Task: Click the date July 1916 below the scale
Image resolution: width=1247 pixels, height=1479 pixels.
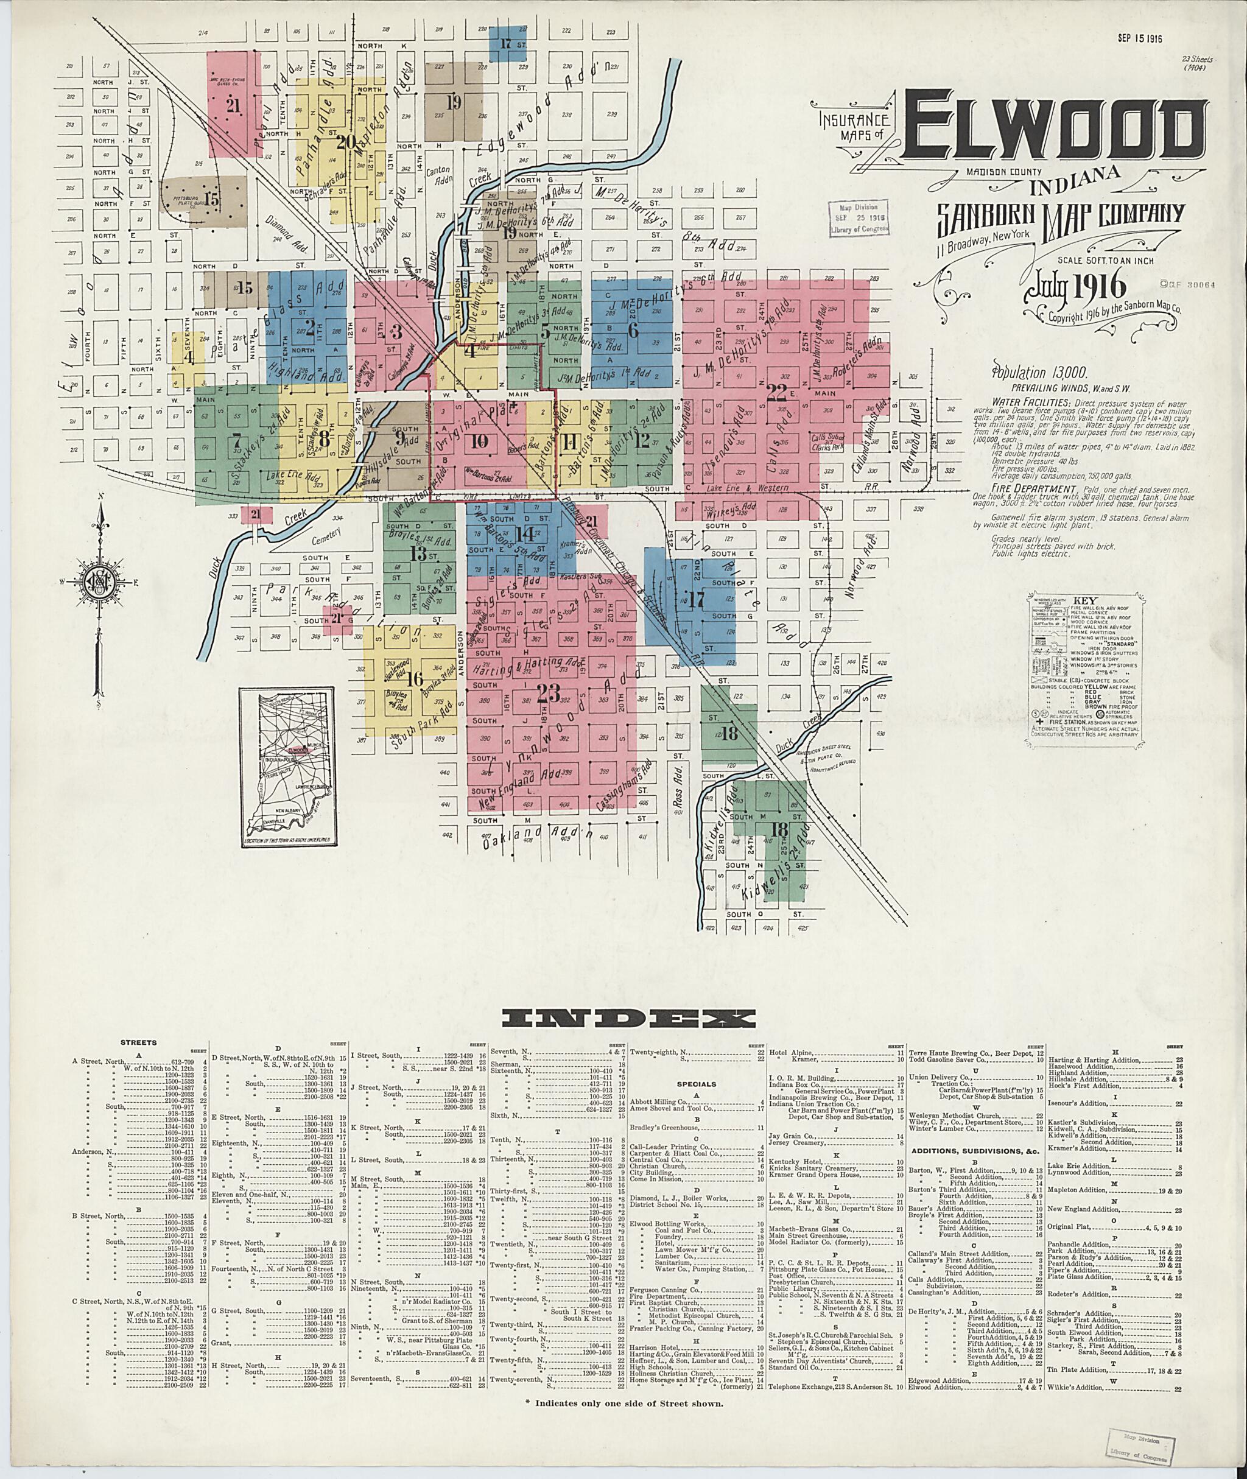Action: tap(1067, 286)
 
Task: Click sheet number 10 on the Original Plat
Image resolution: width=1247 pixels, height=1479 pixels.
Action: tap(479, 442)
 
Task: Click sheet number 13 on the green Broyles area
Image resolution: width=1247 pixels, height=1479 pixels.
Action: tap(418, 553)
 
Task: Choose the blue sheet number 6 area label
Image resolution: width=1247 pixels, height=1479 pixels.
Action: tap(633, 330)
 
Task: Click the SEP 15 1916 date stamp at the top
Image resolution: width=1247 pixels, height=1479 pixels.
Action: tap(1140, 39)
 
